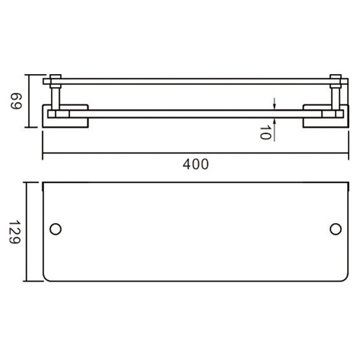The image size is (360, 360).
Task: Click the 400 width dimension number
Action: tap(195, 163)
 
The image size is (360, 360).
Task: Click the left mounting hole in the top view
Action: tap(55, 229)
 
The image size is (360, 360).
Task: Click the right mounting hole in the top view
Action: tap(335, 229)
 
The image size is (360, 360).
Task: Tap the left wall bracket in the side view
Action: tap(66, 117)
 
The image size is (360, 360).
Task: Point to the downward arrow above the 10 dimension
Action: tap(276, 102)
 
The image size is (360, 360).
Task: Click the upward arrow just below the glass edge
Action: tap(276, 118)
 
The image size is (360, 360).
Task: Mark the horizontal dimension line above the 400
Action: tap(194, 153)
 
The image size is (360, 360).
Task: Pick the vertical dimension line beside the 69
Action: tap(28, 101)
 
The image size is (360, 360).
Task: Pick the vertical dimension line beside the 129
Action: tap(28, 231)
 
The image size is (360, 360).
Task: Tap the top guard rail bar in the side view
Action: tap(194, 80)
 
